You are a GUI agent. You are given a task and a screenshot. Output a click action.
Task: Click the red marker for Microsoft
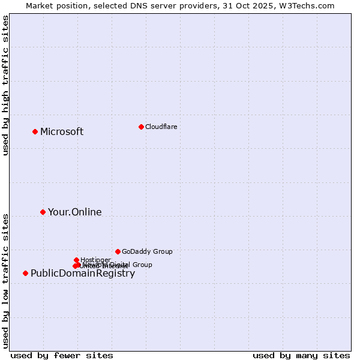(x=35, y=131)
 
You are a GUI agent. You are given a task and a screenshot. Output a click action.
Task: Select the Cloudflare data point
(x=141, y=127)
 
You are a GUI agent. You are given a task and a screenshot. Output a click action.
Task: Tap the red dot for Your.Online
(x=43, y=212)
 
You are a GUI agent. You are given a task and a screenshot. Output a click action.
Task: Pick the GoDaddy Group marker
(x=118, y=251)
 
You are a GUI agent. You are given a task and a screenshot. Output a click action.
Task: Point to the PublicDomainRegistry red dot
(x=25, y=273)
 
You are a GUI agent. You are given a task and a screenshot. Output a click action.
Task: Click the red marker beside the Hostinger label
(x=76, y=260)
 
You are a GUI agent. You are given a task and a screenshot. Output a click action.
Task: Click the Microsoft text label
(x=62, y=132)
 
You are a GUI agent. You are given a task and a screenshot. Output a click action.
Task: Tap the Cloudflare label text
(x=161, y=127)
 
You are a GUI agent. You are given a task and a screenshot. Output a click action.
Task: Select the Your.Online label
(x=74, y=212)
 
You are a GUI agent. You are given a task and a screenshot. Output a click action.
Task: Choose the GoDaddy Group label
(x=147, y=252)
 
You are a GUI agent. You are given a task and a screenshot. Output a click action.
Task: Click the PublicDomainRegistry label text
(x=83, y=274)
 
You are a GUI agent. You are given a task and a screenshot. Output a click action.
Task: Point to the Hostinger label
(x=95, y=260)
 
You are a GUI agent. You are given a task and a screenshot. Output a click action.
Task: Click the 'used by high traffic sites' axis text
(x=6, y=85)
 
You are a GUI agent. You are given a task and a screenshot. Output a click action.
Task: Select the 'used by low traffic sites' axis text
(x=6, y=281)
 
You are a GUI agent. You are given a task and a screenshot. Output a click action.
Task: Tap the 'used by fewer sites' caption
(x=62, y=356)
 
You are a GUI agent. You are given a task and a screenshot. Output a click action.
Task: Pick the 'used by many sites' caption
(x=301, y=356)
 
